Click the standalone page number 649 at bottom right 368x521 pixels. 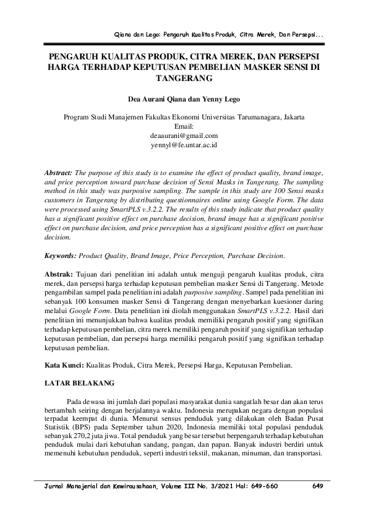[x=318, y=486]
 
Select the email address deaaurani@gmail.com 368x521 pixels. [x=184, y=135]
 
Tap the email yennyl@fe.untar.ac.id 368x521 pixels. [x=184, y=144]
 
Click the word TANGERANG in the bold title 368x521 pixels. [x=184, y=78]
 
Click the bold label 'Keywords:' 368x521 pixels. [x=61, y=255]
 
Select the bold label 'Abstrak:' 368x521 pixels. [x=61, y=273]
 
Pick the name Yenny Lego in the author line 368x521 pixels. [x=220, y=98]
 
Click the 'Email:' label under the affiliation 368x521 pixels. [x=184, y=126]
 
